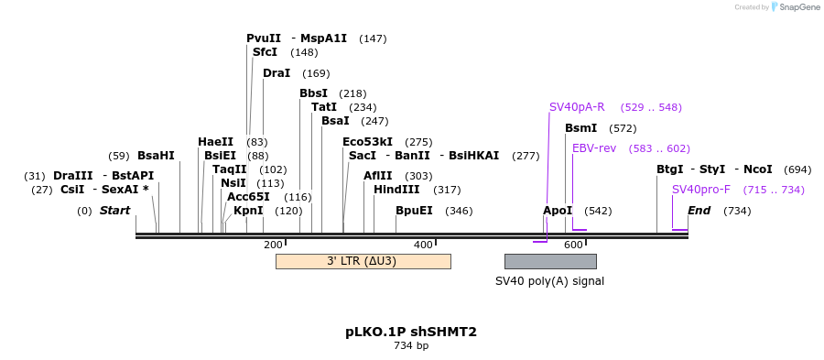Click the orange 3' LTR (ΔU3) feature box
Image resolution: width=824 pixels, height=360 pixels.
click(363, 261)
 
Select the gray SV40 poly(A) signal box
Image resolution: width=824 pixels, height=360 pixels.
click(550, 261)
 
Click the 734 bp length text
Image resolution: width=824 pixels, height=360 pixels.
click(411, 346)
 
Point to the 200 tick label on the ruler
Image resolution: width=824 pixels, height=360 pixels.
click(273, 245)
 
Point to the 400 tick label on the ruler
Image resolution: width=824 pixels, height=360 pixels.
click(423, 245)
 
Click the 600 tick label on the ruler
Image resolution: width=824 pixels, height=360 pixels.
click(573, 245)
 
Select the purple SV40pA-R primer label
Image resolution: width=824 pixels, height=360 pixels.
click(577, 107)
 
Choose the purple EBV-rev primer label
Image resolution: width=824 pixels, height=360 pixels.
click(594, 148)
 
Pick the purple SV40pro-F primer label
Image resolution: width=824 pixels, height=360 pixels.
click(701, 190)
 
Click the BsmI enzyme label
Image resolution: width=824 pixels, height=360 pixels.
click(581, 128)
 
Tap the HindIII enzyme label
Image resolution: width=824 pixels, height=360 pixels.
click(396, 190)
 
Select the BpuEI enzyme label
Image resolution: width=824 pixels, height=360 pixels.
click(414, 211)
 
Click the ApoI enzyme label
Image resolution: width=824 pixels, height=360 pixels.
click(558, 211)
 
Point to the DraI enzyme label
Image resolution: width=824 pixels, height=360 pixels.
click(276, 73)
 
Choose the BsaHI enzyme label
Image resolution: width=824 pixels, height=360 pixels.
click(156, 156)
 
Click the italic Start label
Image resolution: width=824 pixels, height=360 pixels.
click(115, 211)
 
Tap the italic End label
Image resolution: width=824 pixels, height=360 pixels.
click(699, 211)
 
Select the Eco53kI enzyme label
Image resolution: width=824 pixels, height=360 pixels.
click(367, 142)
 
